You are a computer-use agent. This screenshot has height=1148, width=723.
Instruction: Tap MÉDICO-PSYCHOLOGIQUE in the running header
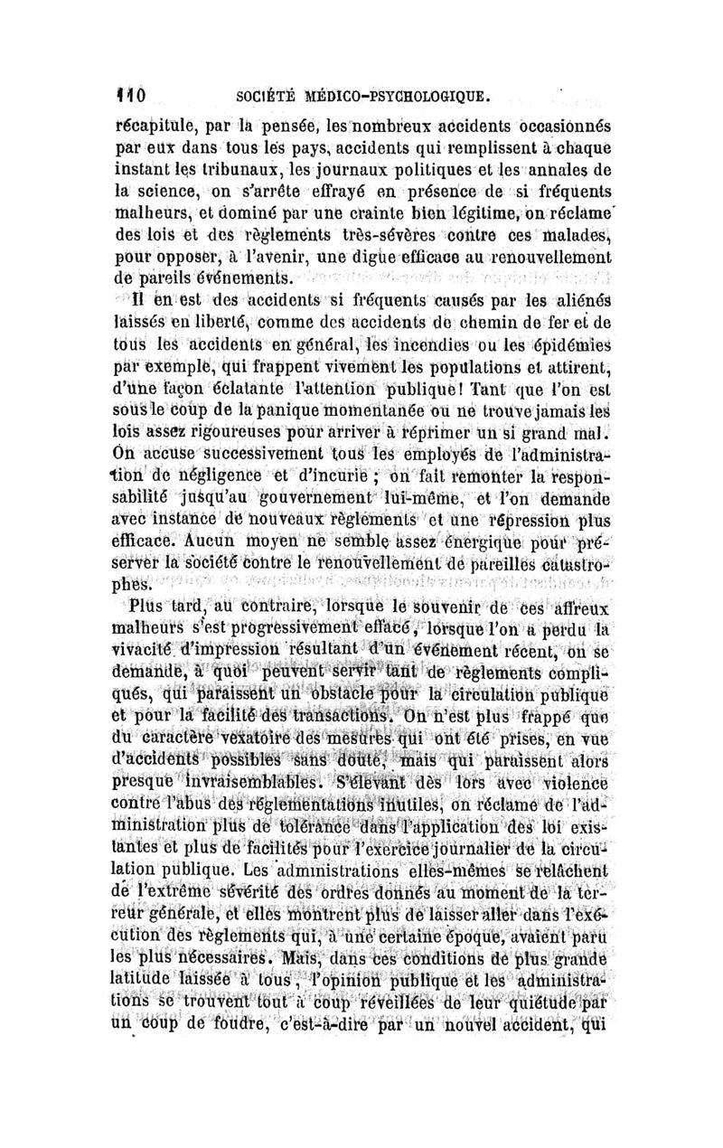tap(401, 93)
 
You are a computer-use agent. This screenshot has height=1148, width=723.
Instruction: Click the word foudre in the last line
tap(214, 1026)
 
